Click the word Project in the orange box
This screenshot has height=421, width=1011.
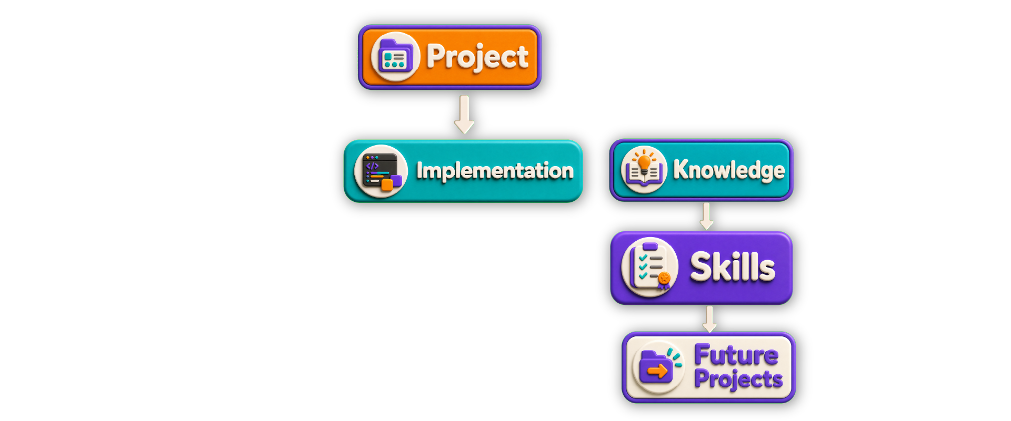(x=477, y=57)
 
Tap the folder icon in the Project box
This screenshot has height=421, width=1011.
(x=395, y=56)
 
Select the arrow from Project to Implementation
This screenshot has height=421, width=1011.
(x=464, y=114)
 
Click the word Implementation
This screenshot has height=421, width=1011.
(x=495, y=171)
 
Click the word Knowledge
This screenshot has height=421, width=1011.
(x=729, y=170)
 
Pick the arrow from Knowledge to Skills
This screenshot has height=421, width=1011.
(x=707, y=216)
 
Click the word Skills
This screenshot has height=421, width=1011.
(x=733, y=267)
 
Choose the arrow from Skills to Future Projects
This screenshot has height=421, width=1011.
(x=709, y=319)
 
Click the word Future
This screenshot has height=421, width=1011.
(x=736, y=355)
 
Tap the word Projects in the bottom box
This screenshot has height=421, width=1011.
(x=738, y=378)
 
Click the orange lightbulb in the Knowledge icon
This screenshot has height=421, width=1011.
(x=644, y=162)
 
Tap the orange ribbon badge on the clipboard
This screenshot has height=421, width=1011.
(x=664, y=280)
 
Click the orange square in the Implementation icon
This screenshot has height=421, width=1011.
(x=387, y=184)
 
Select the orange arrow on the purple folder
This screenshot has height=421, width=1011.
(x=657, y=372)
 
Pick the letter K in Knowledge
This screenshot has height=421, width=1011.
(x=682, y=169)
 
